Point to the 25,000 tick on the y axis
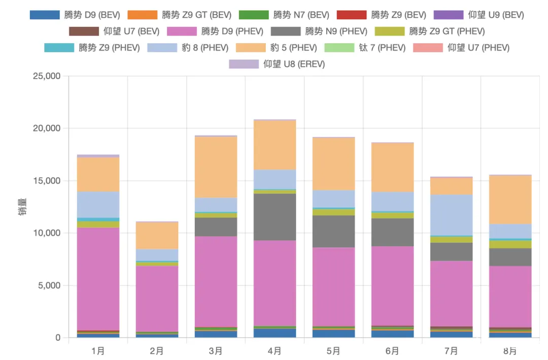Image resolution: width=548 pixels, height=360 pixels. pyautogui.click(x=46, y=76)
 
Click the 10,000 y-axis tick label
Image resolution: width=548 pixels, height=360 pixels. pyautogui.click(x=46, y=233)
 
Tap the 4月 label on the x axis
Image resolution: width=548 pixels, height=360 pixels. pyautogui.click(x=275, y=351)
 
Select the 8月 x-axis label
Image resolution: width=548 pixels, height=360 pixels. pyautogui.click(x=510, y=351)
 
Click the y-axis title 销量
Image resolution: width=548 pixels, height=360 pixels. pyautogui.click(x=23, y=207)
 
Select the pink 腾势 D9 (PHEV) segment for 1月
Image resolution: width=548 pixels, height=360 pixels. pyautogui.click(x=98, y=279)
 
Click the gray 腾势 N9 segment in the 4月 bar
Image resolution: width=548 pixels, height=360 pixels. pyautogui.click(x=275, y=217)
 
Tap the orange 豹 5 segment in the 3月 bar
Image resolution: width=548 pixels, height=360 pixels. pyautogui.click(x=216, y=167)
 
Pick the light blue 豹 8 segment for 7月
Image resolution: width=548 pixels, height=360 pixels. pyautogui.click(x=451, y=215)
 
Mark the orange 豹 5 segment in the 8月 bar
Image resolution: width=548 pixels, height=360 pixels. pyautogui.click(x=510, y=200)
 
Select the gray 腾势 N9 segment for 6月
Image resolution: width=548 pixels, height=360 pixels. pyautogui.click(x=392, y=232)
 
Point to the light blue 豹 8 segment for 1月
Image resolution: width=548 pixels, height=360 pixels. pyautogui.click(x=98, y=204)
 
